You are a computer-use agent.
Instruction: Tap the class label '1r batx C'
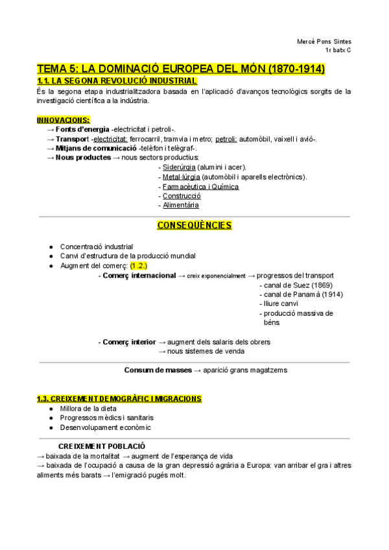pyautogui.click(x=338, y=50)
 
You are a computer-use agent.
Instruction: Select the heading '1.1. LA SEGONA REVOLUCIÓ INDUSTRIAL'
pyautogui.click(x=117, y=81)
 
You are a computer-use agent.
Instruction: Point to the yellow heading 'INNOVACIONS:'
pyautogui.click(x=64, y=120)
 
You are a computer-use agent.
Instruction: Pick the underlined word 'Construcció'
pyautogui.click(x=182, y=196)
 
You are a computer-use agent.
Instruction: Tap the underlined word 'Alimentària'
pyautogui.click(x=181, y=206)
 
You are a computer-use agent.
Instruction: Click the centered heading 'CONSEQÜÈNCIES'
pyautogui.click(x=194, y=226)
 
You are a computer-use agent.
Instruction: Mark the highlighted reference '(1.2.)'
pyautogui.click(x=139, y=266)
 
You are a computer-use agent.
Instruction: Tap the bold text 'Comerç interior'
pyautogui.click(x=129, y=342)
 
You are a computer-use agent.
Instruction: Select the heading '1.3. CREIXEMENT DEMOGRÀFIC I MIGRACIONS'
pyautogui.click(x=119, y=398)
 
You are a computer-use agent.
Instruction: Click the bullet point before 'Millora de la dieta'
pyautogui.click(x=51, y=409)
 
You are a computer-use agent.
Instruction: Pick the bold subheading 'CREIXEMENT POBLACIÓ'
pyautogui.click(x=102, y=446)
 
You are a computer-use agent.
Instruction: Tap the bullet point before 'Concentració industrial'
pyautogui.click(x=51, y=247)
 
